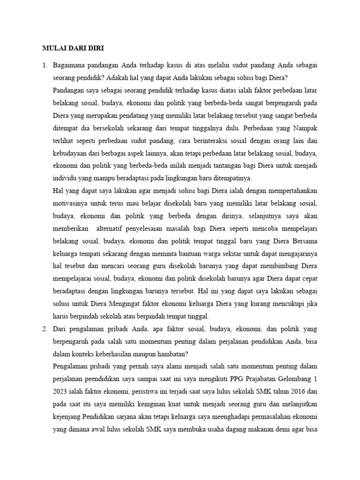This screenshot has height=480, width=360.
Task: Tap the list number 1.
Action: pyautogui.click(x=45, y=65)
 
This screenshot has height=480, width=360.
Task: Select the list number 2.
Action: pyautogui.click(x=45, y=329)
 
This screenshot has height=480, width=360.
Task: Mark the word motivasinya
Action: pyautogui.click(x=73, y=204)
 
